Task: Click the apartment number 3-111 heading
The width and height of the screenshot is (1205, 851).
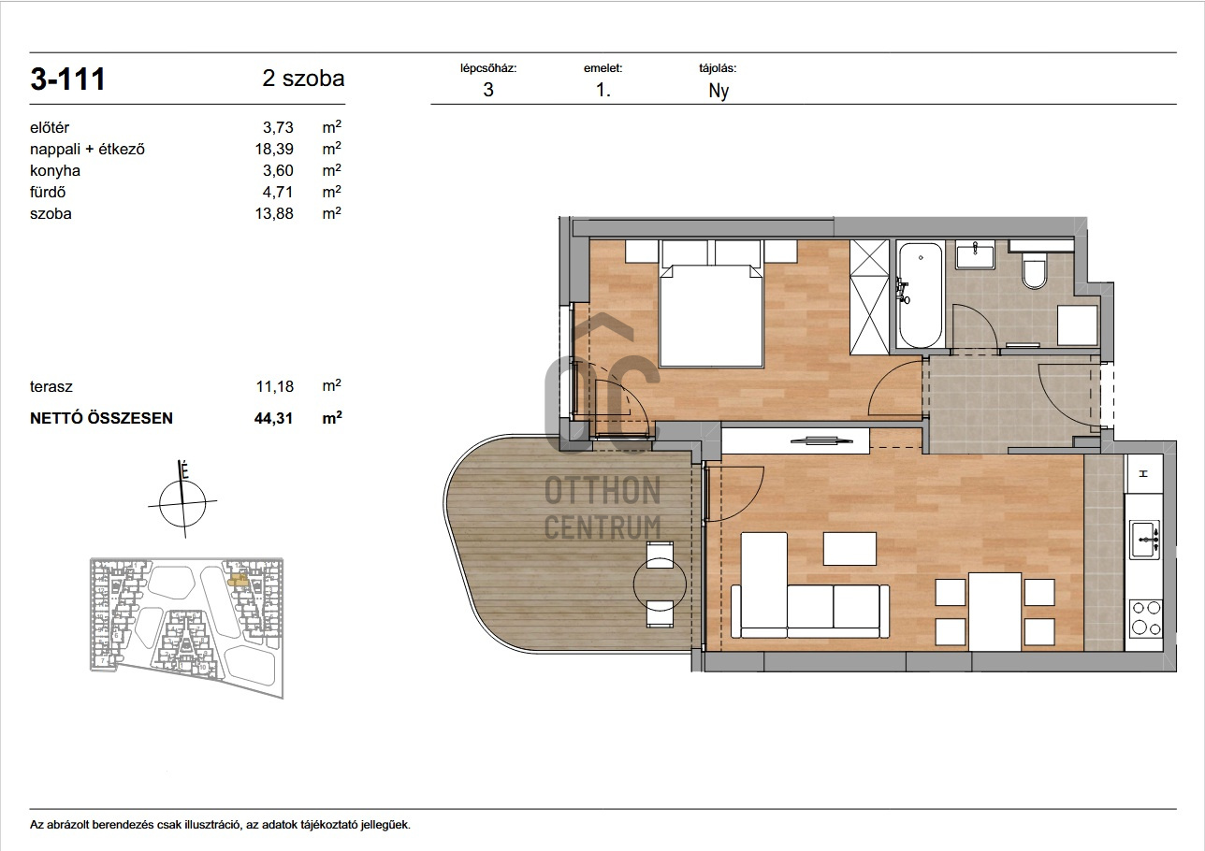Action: pyautogui.click(x=67, y=79)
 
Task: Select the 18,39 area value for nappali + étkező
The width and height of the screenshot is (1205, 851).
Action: pyautogui.click(x=274, y=149)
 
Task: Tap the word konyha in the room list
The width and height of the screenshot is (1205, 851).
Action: pyautogui.click(x=55, y=170)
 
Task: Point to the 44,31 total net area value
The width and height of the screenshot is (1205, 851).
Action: pyautogui.click(x=274, y=418)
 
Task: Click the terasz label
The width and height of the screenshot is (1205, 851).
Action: pyautogui.click(x=51, y=386)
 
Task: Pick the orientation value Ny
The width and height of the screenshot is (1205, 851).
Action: pyautogui.click(x=719, y=91)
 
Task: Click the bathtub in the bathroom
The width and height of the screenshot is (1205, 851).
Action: pyautogui.click(x=921, y=296)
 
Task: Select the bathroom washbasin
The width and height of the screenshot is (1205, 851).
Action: pyautogui.click(x=975, y=254)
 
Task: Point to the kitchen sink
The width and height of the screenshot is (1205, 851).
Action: pyautogui.click(x=1144, y=540)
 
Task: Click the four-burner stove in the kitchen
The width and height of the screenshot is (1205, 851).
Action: pyautogui.click(x=1146, y=619)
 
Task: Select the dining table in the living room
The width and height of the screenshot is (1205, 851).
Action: pyautogui.click(x=995, y=612)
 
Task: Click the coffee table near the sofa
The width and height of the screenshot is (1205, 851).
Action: pyautogui.click(x=849, y=548)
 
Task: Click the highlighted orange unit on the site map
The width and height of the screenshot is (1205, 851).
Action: pyautogui.click(x=238, y=580)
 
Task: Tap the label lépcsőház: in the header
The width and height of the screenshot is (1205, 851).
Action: pyautogui.click(x=488, y=68)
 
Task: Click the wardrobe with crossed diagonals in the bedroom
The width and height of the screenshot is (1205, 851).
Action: pyautogui.click(x=869, y=296)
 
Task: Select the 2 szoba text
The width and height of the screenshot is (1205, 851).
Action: pyautogui.click(x=303, y=79)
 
